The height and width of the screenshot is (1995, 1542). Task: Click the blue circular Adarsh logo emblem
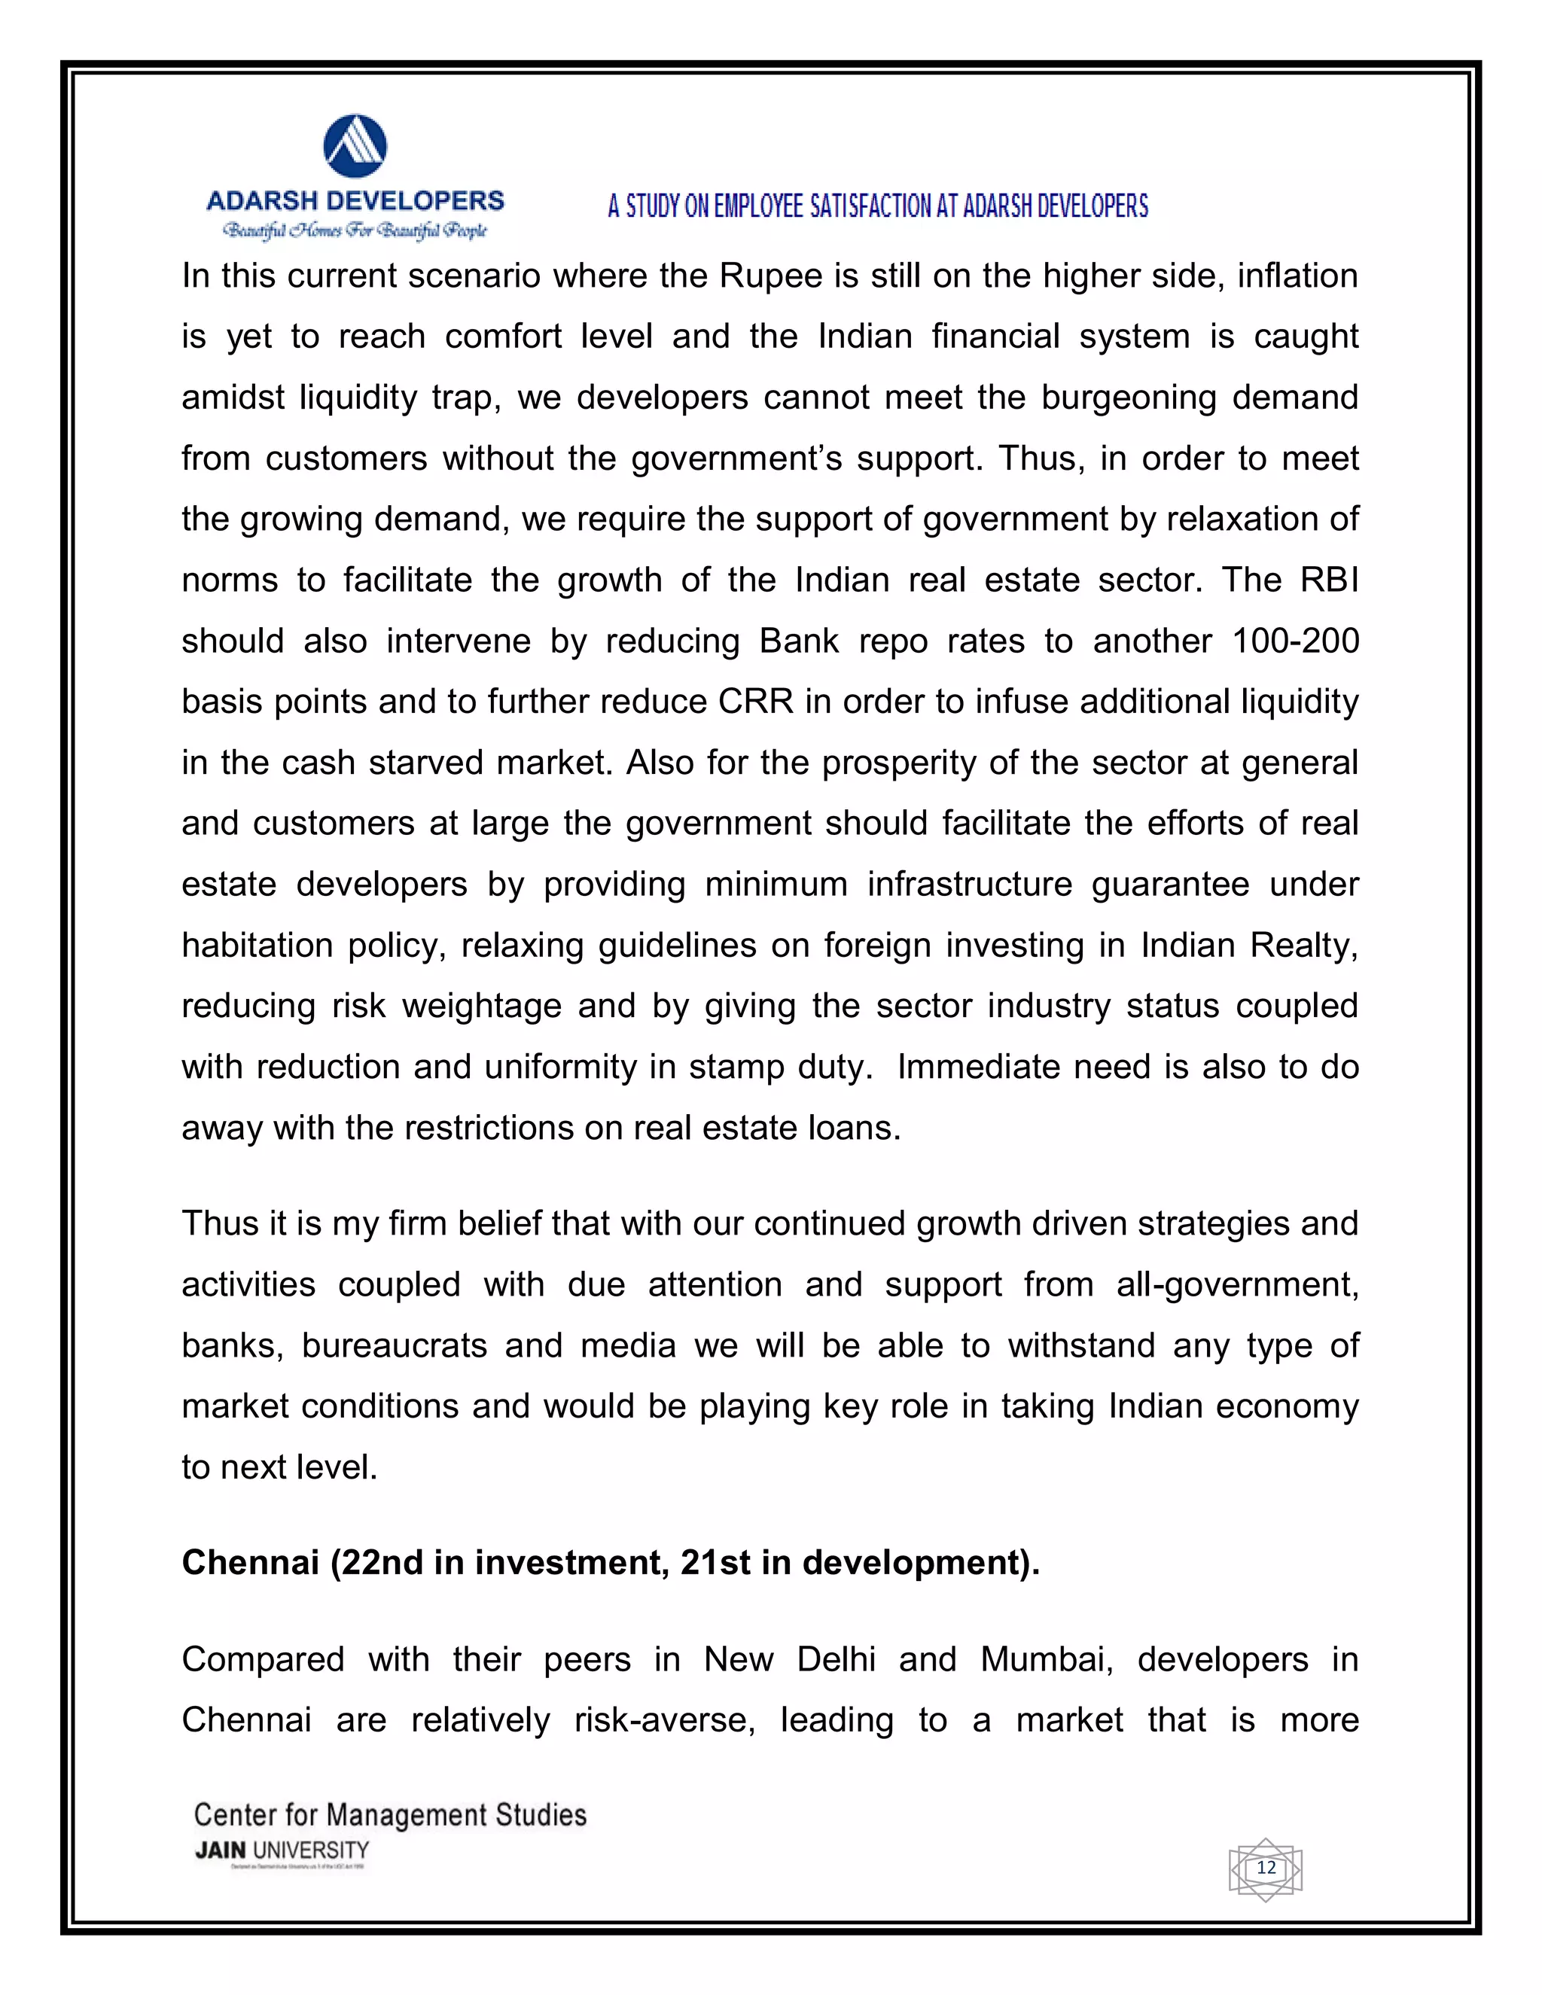tap(355, 146)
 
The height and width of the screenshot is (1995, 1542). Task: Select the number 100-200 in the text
tap(1294, 641)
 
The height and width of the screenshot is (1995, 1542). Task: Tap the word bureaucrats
tap(394, 1345)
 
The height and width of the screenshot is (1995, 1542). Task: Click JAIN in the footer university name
tap(220, 1850)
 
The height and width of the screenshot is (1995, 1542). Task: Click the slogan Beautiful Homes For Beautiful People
tap(355, 230)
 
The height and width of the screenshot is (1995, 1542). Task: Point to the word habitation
tap(257, 945)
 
